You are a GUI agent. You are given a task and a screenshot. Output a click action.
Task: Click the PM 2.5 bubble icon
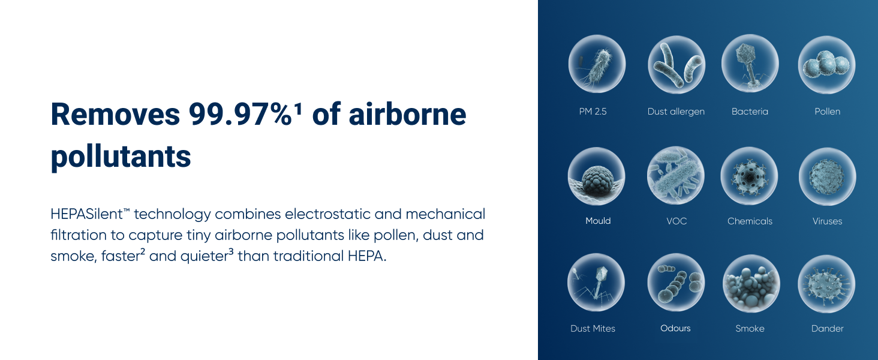597,64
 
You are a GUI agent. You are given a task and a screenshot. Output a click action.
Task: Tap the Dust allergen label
676,112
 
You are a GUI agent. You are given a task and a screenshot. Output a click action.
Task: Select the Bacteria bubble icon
750,64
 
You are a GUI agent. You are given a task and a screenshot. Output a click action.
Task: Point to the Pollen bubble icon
826,65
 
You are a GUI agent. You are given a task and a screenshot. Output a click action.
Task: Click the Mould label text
598,221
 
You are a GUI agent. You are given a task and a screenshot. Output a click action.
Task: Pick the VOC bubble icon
676,176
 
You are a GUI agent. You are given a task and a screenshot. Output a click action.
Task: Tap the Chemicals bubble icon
750,176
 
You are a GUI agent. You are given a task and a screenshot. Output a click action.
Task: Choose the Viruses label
827,221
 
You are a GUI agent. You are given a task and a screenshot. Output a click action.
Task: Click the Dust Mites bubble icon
596,283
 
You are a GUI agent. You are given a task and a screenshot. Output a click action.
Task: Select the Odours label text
675,328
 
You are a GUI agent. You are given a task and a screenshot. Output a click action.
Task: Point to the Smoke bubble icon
751,284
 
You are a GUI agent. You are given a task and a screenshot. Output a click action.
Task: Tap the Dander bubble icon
826,284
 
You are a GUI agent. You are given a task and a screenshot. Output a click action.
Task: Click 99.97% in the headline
240,114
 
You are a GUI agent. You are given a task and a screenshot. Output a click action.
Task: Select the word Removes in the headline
115,114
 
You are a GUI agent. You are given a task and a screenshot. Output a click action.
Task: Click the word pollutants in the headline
121,157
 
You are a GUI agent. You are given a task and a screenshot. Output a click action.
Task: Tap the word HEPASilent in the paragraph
86,214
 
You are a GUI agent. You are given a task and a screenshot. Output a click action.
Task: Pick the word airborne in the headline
407,114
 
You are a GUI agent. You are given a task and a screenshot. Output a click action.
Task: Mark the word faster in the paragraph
121,256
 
